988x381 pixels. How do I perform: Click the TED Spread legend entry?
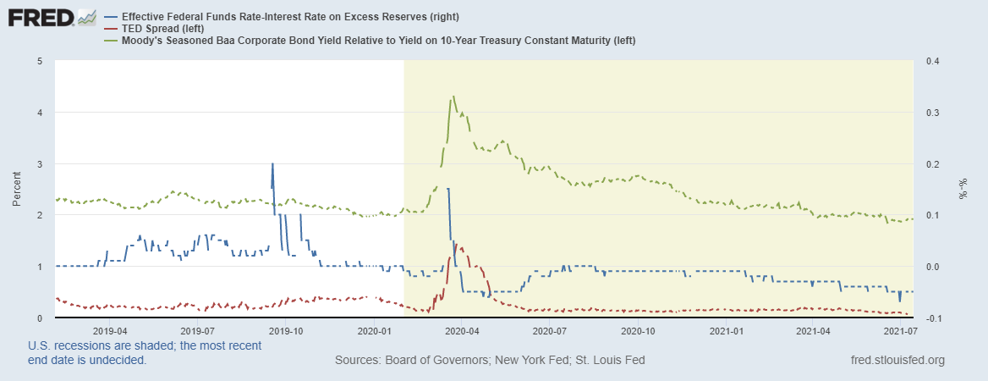coord(162,28)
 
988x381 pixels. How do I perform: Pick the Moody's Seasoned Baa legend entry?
coord(377,40)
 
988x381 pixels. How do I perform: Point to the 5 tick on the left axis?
coord(41,61)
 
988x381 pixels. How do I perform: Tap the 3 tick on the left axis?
coord(41,163)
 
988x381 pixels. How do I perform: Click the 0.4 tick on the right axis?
coord(935,61)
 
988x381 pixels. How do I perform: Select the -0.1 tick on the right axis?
coord(935,317)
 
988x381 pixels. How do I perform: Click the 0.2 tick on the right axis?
coord(935,163)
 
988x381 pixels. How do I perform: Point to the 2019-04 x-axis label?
coord(110,330)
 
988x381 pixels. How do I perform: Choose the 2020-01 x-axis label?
coord(373,330)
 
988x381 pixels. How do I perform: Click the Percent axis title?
coord(17,190)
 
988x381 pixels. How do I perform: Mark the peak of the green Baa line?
coord(454,97)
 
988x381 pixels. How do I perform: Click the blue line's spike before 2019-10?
coord(272,164)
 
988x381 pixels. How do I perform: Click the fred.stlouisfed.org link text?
coord(897,361)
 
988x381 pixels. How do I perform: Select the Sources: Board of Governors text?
coord(490,361)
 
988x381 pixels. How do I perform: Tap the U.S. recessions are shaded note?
coord(144,352)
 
